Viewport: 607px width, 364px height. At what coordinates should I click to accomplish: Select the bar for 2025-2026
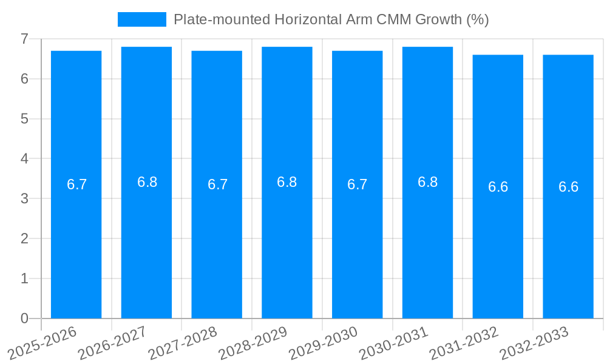click(76, 243)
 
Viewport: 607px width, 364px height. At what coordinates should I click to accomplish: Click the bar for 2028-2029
click(287, 243)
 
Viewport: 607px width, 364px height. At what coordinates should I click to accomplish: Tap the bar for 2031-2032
click(498, 243)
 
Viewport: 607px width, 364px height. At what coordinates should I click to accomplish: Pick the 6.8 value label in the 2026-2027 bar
click(147, 182)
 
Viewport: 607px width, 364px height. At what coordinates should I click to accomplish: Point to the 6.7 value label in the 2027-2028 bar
click(217, 184)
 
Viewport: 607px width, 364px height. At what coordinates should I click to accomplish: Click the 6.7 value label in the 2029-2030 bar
click(358, 184)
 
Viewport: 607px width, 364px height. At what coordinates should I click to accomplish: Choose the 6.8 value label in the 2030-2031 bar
click(428, 182)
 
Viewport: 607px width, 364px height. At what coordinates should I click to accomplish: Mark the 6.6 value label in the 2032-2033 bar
click(568, 187)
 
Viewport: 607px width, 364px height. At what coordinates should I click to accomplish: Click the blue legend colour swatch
click(141, 19)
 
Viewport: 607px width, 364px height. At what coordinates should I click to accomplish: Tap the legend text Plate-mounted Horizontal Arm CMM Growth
click(331, 19)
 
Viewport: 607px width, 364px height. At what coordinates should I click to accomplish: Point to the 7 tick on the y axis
click(24, 39)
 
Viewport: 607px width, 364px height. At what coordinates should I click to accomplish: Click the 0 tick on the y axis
click(24, 318)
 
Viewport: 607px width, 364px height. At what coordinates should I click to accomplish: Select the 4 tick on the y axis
click(24, 159)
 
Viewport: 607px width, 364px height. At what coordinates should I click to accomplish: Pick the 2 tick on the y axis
click(24, 238)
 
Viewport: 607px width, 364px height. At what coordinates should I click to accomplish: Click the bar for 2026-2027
click(146, 243)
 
